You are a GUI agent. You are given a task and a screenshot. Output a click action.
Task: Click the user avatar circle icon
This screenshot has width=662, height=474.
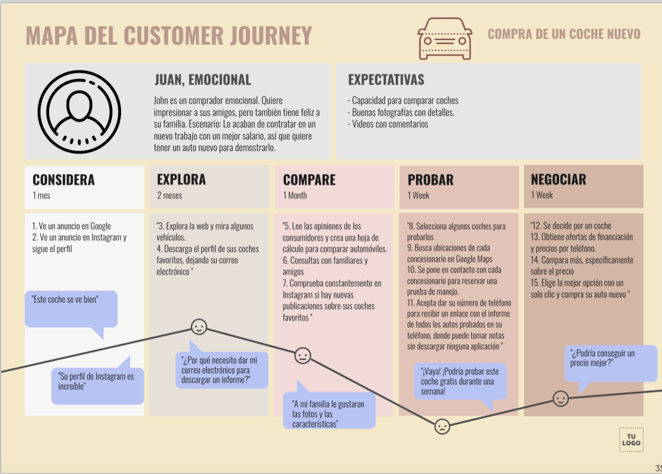point(80,111)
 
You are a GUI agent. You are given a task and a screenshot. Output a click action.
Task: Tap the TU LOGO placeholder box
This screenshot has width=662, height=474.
point(631,439)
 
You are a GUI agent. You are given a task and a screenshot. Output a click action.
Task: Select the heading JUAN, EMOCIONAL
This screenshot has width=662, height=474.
point(203,80)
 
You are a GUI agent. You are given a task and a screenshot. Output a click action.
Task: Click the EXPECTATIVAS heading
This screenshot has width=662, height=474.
point(386,80)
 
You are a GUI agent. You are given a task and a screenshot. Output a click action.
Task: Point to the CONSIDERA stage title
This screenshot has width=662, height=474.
point(63,179)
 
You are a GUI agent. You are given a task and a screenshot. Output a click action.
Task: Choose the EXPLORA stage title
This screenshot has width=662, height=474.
point(181,179)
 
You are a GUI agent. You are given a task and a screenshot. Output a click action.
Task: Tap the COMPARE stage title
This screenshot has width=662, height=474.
point(309,179)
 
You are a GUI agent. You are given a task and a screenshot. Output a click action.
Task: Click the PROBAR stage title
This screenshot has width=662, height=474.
point(430,179)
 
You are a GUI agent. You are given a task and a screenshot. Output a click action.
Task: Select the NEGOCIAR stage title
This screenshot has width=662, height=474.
point(558,179)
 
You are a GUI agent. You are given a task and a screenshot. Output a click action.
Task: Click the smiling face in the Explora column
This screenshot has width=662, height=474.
point(199,327)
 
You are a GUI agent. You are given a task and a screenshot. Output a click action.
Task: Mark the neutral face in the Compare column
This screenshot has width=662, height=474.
point(302,356)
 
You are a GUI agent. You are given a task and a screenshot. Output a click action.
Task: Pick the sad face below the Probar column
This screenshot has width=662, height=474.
point(442,426)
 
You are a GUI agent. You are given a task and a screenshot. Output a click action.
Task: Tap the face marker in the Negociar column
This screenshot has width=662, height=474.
point(560,398)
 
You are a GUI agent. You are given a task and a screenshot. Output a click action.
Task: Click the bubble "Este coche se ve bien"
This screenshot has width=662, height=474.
point(71,308)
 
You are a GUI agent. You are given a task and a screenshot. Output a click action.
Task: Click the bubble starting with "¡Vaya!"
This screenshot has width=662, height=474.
point(460,381)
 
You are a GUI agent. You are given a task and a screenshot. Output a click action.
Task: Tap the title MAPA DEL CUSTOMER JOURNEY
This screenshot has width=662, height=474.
point(169,36)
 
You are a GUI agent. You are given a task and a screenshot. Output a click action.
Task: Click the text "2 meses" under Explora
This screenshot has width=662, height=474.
point(169,196)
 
